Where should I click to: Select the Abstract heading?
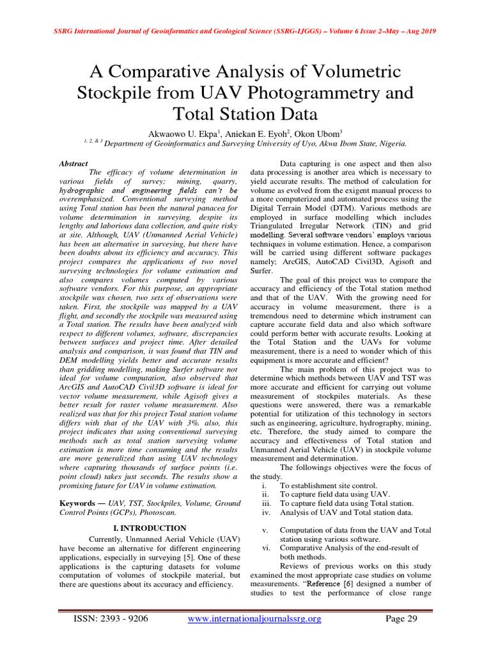pyautogui.click(x=73, y=164)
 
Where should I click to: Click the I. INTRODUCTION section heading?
pyautogui.click(x=150, y=528)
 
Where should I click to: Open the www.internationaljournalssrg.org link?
pyautogui.click(x=254, y=619)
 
